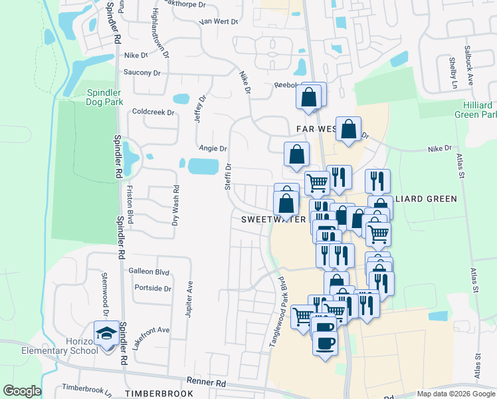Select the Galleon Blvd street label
coord(149,271)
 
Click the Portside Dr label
coord(153,288)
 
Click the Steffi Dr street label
coord(227,178)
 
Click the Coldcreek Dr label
coord(153,112)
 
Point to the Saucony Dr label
coord(142,72)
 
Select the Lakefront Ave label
coord(151,330)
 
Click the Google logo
coord(22,391)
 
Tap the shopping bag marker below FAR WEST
coord(296,154)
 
